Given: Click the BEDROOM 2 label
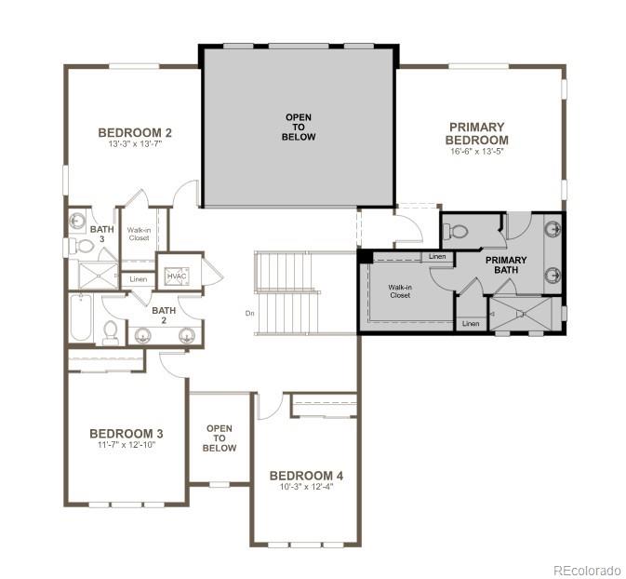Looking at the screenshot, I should click(x=135, y=133).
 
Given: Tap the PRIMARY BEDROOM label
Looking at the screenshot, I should click(x=476, y=133).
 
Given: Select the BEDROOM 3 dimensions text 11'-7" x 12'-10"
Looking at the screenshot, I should click(x=127, y=445).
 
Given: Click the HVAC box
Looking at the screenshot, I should click(x=176, y=276).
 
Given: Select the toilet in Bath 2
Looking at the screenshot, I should click(x=111, y=330).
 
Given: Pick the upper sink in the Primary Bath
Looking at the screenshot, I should click(x=552, y=229).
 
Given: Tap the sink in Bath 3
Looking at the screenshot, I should click(x=78, y=222).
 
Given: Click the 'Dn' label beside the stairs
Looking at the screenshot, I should click(x=249, y=313).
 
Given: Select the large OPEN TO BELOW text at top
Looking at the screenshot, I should click(x=300, y=127).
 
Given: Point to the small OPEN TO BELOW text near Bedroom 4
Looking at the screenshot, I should click(x=220, y=438).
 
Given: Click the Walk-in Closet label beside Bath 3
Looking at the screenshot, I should click(x=139, y=234).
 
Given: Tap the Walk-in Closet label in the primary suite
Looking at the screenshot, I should click(x=401, y=293).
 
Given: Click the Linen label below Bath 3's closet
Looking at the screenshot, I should click(x=139, y=279).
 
